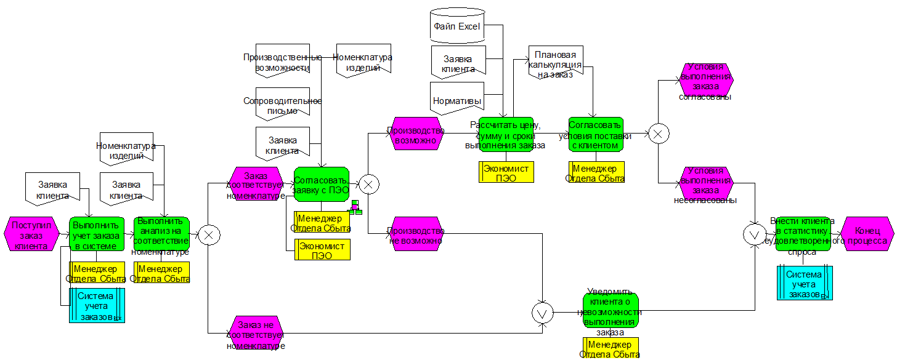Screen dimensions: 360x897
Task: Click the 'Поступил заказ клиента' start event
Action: (x=31, y=233)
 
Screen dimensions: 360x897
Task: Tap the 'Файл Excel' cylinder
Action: (x=457, y=26)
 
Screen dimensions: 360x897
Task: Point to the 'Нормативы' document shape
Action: (x=457, y=99)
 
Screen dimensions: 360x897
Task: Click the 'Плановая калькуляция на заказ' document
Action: (x=555, y=62)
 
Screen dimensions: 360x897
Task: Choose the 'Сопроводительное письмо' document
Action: (x=283, y=104)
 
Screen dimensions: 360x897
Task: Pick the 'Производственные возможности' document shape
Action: (x=283, y=60)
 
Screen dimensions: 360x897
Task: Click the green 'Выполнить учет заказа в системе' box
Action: (x=97, y=234)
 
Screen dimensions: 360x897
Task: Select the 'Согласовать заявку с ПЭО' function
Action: (x=321, y=184)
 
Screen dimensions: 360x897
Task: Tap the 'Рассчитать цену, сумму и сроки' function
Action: (x=507, y=134)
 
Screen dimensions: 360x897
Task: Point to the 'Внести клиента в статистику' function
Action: (x=803, y=234)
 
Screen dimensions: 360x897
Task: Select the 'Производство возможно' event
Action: (x=416, y=134)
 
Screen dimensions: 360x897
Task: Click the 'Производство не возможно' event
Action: (x=416, y=234)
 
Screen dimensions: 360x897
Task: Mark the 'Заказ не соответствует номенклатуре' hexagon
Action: (x=256, y=333)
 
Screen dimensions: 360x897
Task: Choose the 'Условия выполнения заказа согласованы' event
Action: (x=707, y=80)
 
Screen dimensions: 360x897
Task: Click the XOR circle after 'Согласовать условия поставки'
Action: (x=658, y=134)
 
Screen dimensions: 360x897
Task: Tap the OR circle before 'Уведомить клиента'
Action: (x=543, y=313)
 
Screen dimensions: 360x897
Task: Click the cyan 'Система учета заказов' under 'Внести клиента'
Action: (x=805, y=283)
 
